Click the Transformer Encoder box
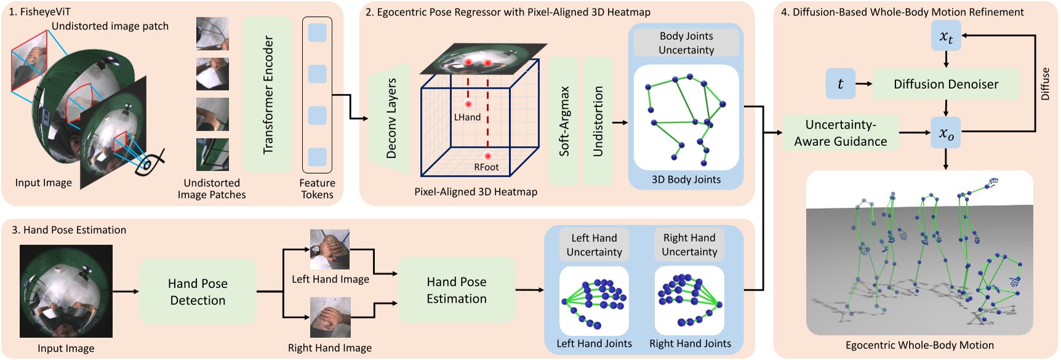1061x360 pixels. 267,94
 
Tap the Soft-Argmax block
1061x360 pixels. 563,121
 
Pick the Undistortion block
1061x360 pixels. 598,121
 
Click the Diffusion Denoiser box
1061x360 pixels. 945,84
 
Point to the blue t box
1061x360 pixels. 840,84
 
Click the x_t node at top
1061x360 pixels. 946,36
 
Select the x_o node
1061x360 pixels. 946,133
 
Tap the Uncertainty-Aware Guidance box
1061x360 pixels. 840,133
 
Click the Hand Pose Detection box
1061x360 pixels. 198,292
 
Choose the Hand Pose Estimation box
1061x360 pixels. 456,290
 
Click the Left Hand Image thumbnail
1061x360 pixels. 330,249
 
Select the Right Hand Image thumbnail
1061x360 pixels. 330,317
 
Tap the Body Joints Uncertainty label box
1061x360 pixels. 686,43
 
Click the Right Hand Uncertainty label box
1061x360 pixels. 689,244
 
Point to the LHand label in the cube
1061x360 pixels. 467,117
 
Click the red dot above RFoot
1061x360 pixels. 487,156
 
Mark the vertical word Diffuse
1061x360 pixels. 1045,84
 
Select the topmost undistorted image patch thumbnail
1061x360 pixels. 212,33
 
